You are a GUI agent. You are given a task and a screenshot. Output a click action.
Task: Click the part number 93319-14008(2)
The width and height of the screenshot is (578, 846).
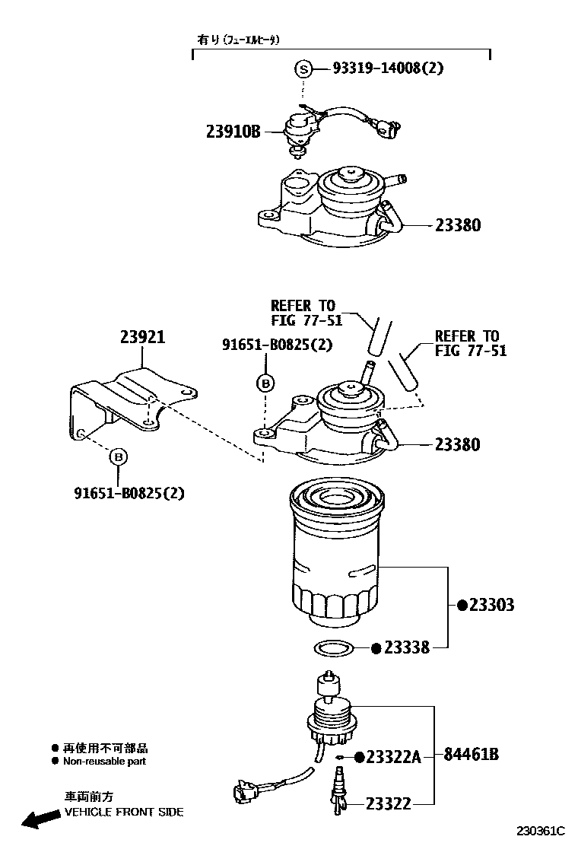tap(388, 68)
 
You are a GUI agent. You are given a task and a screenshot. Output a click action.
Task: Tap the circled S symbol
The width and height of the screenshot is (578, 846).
tap(303, 68)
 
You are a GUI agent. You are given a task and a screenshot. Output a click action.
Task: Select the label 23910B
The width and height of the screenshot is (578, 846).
tap(233, 132)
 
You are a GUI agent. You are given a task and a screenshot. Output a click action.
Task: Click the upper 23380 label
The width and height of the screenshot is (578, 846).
tap(458, 225)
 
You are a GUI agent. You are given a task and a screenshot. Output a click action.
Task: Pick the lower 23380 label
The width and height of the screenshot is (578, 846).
tap(458, 444)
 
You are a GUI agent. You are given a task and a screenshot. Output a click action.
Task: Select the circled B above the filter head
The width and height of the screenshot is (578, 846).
tap(264, 383)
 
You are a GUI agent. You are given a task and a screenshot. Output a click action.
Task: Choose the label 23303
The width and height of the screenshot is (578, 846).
tap(491, 605)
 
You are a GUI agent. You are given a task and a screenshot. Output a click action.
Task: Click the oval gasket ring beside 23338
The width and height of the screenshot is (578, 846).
tap(335, 649)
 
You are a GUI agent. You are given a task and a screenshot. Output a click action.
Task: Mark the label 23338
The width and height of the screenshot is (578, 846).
tap(406, 648)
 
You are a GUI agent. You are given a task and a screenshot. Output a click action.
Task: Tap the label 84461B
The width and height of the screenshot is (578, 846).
tap(472, 755)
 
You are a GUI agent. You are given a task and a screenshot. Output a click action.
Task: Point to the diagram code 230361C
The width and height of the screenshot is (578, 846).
tap(541, 830)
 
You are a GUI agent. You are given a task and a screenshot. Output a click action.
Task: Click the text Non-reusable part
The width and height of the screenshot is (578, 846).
tap(105, 761)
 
